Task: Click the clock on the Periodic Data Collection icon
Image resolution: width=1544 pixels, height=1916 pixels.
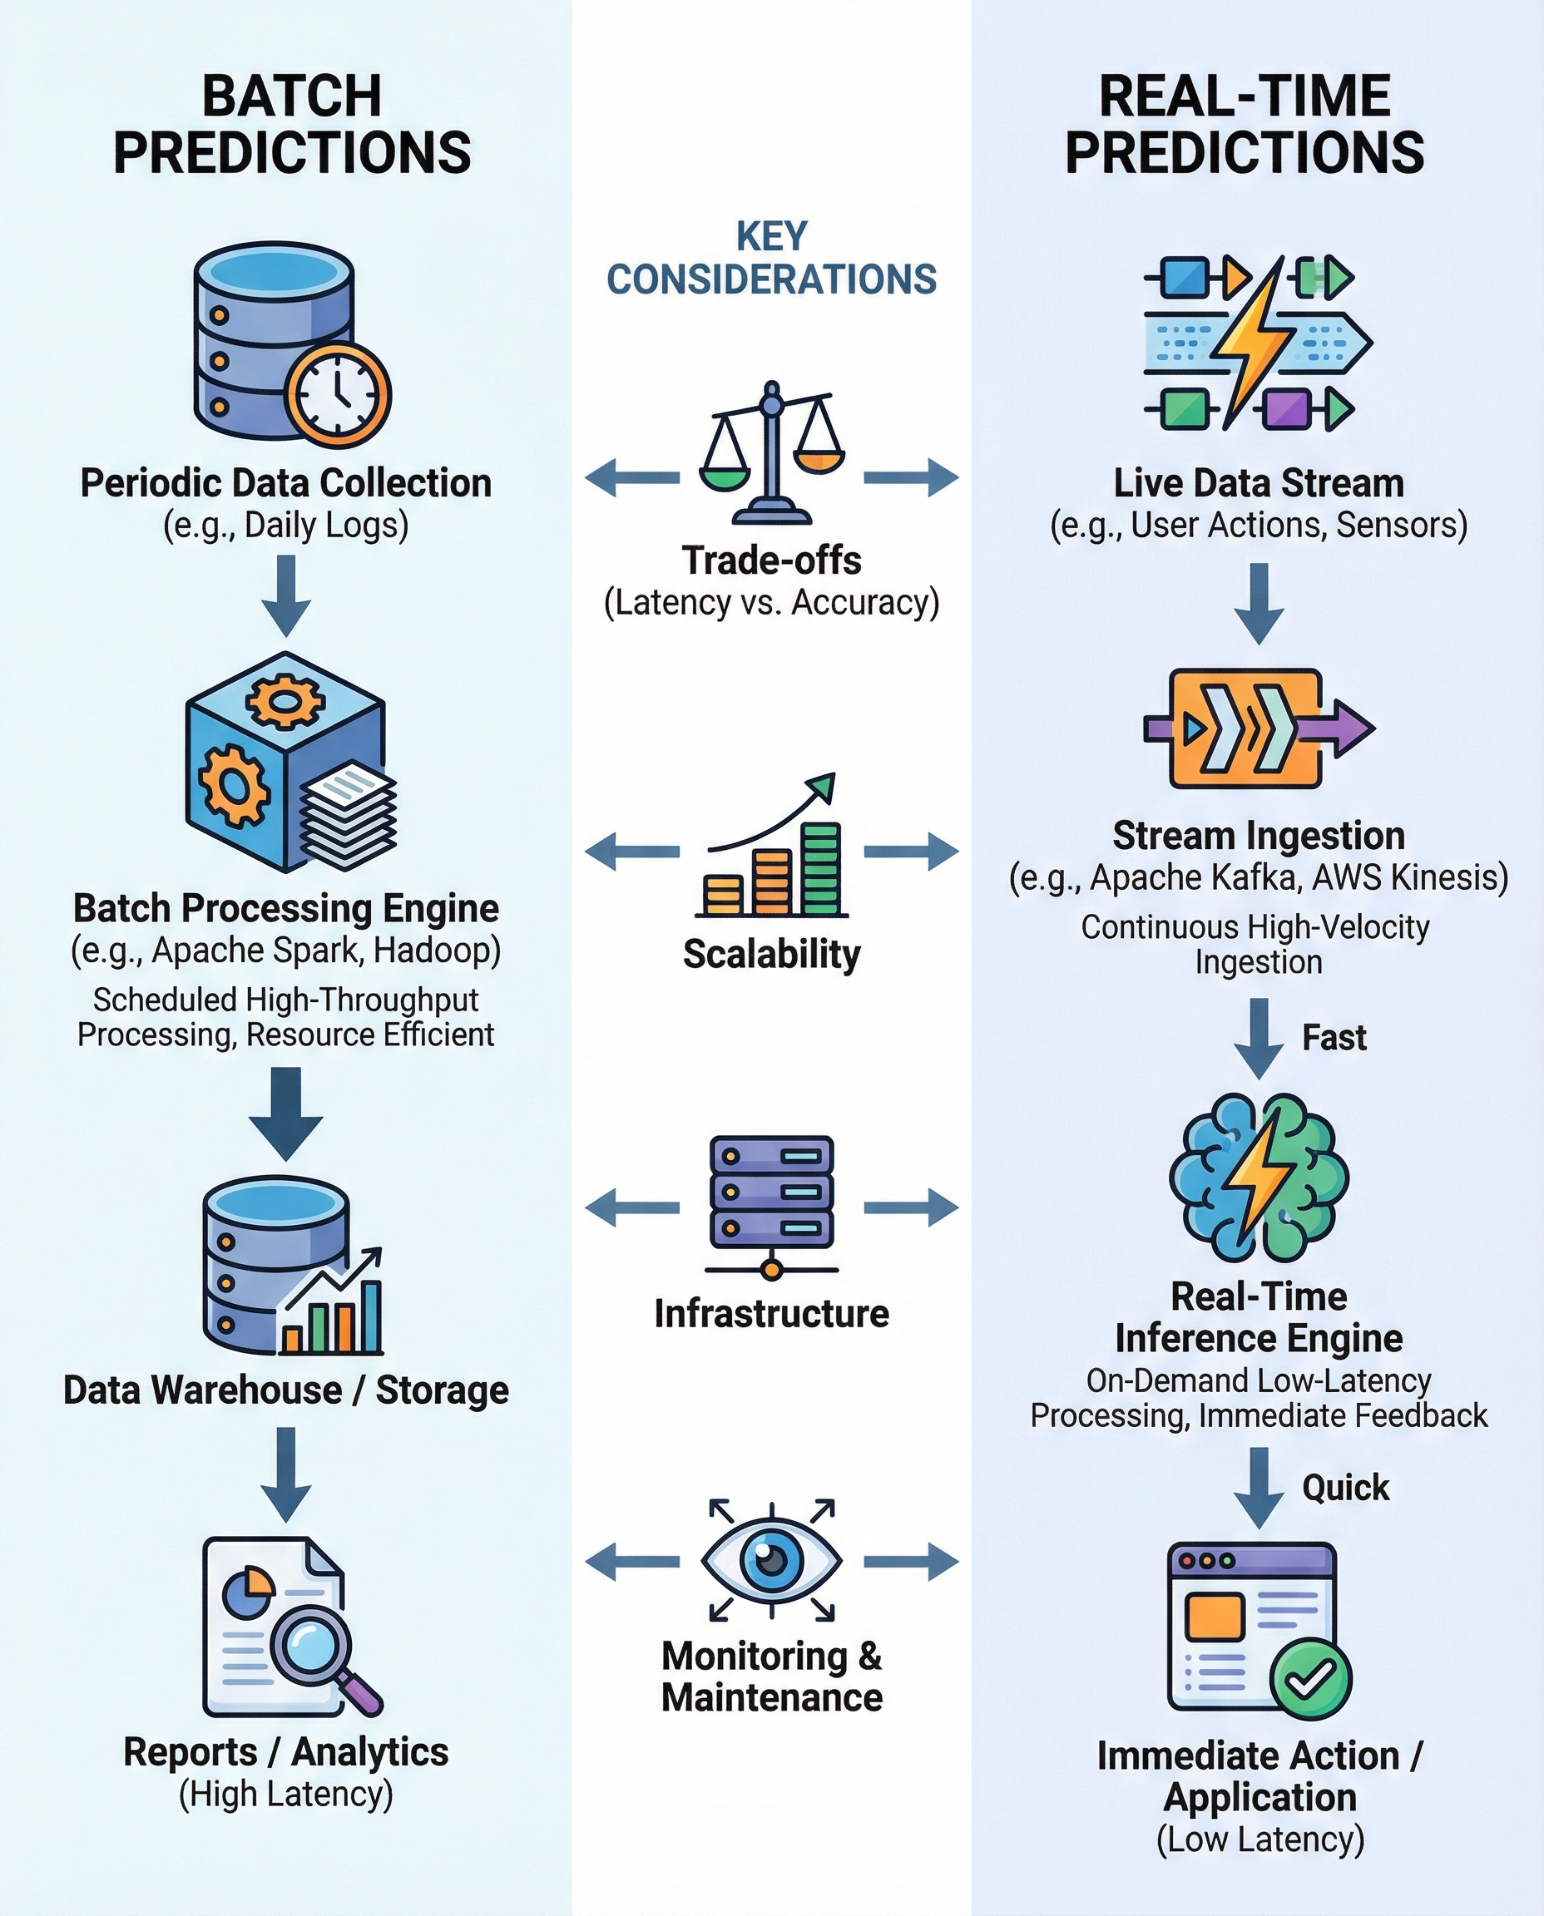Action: coord(338,395)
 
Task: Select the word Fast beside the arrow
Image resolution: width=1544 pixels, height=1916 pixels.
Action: coord(1334,1038)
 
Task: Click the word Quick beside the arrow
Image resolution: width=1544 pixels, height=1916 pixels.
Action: coord(1345,1488)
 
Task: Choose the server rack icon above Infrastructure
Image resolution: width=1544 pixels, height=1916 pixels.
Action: coord(771,1205)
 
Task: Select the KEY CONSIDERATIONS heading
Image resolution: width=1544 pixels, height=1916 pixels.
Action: coord(771,258)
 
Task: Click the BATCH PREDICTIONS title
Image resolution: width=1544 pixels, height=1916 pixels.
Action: coord(292,125)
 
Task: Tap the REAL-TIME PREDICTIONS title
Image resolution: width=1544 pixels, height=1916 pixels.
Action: coord(1245,125)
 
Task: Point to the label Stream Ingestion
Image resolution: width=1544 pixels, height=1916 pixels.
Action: coord(1259,836)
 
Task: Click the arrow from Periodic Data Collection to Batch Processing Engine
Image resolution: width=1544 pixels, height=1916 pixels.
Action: coord(285,595)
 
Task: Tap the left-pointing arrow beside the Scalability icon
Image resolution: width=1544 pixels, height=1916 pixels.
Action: coord(632,851)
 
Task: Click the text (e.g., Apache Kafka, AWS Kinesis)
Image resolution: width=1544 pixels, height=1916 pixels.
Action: coord(1259,877)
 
